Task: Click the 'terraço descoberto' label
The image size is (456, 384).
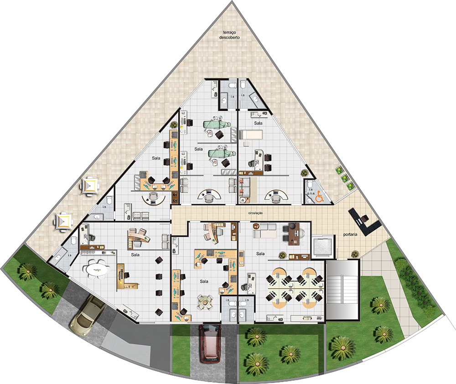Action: tap(229, 35)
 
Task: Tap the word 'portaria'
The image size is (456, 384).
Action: tap(350, 234)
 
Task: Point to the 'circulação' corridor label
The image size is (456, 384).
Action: tap(255, 213)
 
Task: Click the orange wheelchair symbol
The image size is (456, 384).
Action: tap(319, 197)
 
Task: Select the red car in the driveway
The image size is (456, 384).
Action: tap(210, 343)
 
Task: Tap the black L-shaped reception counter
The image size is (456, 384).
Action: tap(364, 222)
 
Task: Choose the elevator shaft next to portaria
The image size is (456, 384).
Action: tap(322, 247)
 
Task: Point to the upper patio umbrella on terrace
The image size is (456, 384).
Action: tap(90, 186)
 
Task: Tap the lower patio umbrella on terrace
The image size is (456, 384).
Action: tap(63, 221)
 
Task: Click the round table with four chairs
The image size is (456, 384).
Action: tap(205, 302)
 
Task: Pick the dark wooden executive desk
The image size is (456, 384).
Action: tap(294, 234)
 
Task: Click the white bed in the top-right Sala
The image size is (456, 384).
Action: tap(251, 135)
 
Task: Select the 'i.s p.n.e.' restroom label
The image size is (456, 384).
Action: tap(311, 192)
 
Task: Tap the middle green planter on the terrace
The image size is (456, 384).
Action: tap(345, 178)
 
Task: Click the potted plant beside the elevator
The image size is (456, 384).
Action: tap(354, 254)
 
